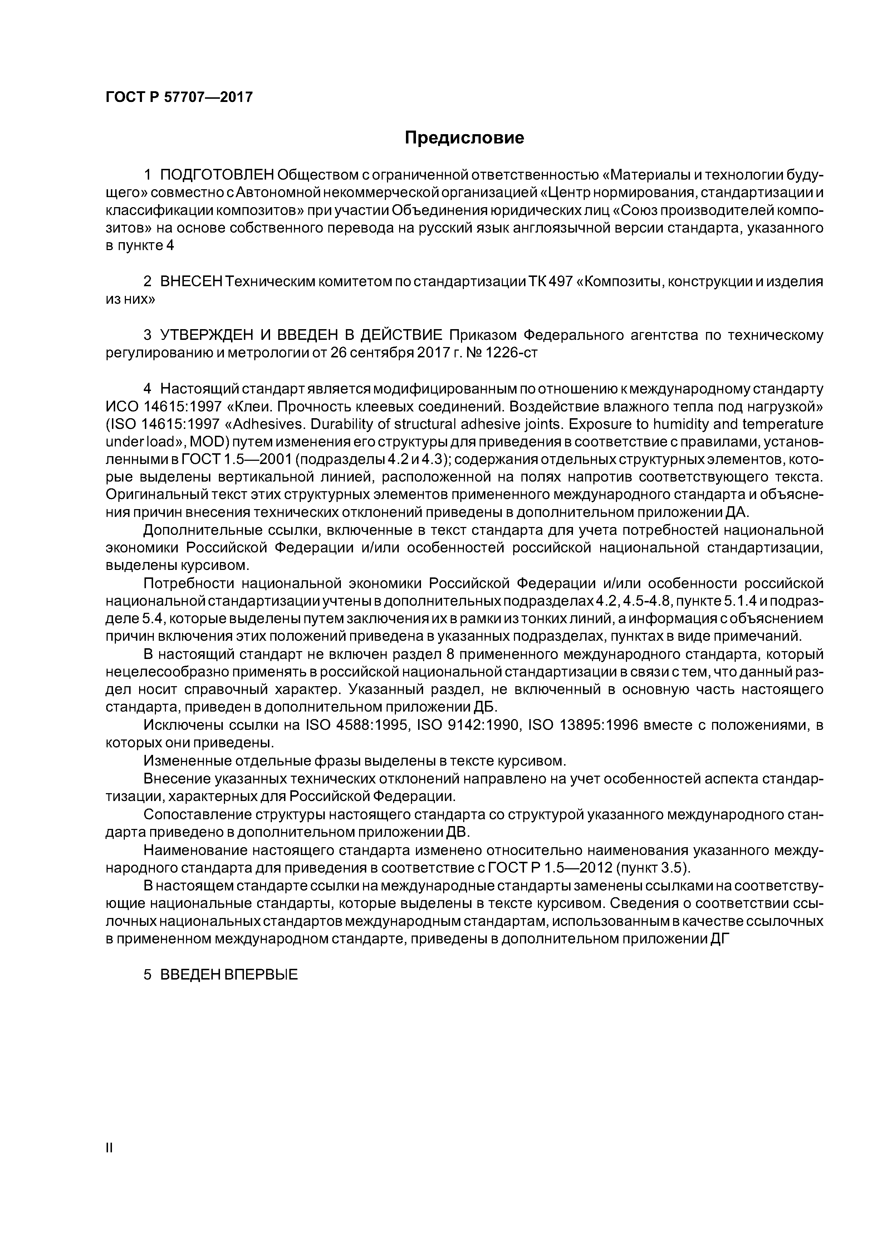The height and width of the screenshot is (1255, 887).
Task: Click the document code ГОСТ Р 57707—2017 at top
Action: coord(179,97)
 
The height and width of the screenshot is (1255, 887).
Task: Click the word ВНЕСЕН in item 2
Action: coord(191,282)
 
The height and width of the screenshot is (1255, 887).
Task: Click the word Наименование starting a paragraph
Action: coord(197,850)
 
